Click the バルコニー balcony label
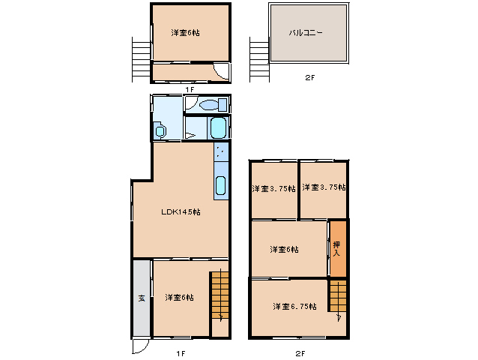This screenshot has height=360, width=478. tap(306, 32)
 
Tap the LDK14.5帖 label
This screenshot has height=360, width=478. tap(181, 211)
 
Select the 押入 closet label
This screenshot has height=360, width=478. tap(336, 249)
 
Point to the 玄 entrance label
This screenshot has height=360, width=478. tap(142, 298)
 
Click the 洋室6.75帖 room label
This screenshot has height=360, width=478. tap(294, 306)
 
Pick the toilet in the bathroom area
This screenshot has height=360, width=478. tap(213, 105)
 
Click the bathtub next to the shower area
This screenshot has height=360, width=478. tap(218, 127)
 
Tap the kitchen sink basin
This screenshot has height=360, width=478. tap(221, 185)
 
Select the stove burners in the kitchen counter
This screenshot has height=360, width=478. tap(221, 151)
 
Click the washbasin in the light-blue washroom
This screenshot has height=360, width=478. tap(160, 131)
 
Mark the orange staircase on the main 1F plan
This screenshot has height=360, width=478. tap(220, 295)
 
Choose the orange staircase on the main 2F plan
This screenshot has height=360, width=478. tap(338, 295)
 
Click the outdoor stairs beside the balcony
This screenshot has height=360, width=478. tap(259, 60)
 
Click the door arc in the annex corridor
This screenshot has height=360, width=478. tap(221, 72)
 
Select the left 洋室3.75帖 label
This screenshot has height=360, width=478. tap(273, 188)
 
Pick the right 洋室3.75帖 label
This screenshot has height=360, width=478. tap(324, 187)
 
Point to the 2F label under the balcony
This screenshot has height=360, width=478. tap(309, 77)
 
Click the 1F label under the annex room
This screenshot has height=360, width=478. tap(190, 89)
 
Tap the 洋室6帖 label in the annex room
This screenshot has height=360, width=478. tap(185, 32)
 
